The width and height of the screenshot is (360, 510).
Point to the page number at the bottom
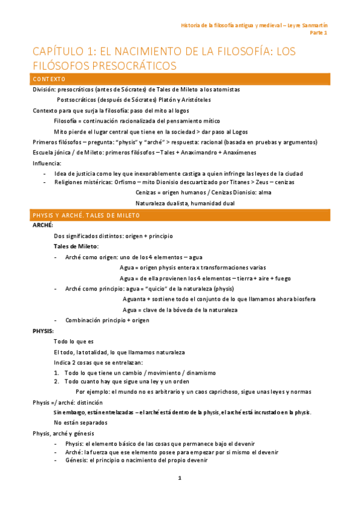[179, 478]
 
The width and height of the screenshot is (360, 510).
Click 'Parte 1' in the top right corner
[319, 33]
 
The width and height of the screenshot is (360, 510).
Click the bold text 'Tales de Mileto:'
[76, 247]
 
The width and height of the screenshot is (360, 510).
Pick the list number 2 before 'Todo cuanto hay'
[56, 381]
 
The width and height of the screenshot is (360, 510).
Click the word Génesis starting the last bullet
[77, 460]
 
